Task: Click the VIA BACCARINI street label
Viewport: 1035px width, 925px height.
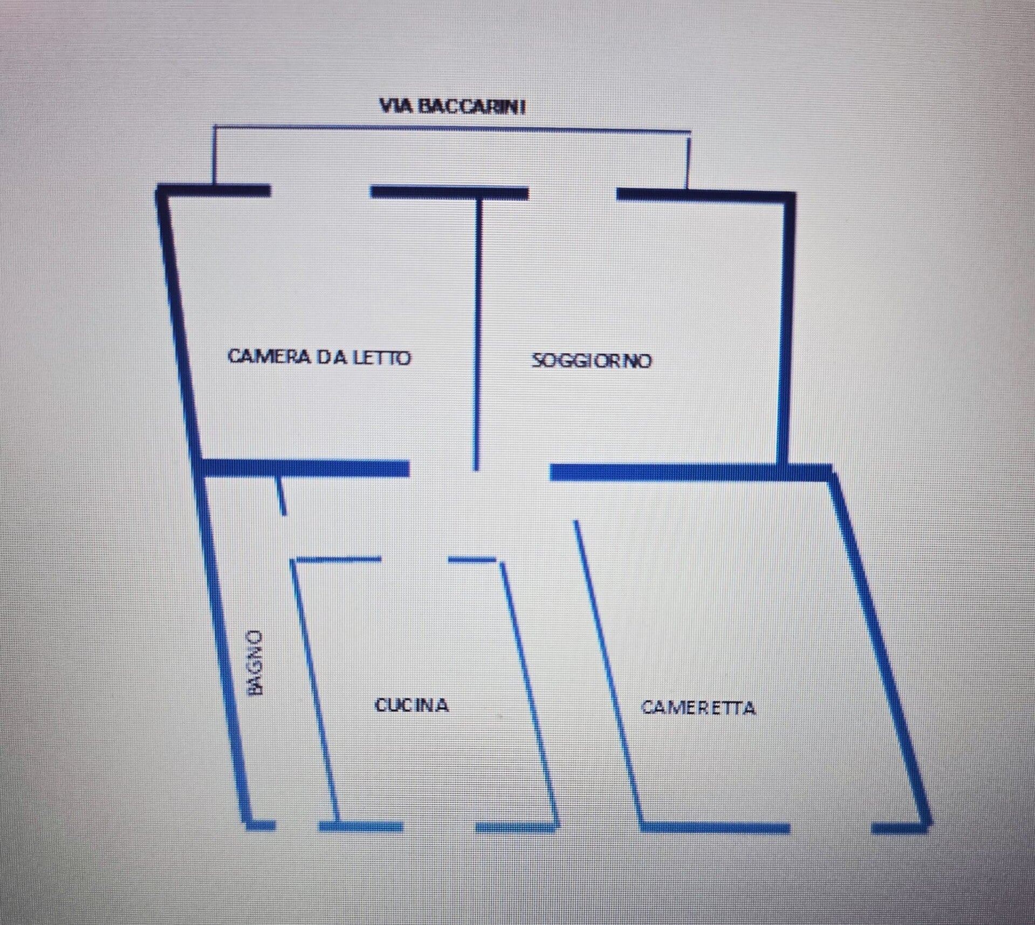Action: click(x=452, y=106)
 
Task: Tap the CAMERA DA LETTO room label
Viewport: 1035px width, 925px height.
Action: click(x=319, y=357)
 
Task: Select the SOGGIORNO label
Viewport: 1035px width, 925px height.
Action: click(x=592, y=360)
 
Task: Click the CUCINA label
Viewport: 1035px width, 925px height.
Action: click(x=412, y=705)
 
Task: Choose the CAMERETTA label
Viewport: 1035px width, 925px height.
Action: click(x=698, y=707)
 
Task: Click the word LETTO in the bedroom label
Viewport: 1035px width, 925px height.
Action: click(x=382, y=357)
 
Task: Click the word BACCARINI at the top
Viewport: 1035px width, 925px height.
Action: click(x=472, y=106)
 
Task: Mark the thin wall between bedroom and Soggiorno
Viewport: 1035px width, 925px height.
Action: click(x=477, y=334)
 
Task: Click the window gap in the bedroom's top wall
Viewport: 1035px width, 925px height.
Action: click(x=320, y=191)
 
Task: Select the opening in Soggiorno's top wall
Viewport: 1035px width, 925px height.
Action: click(x=572, y=193)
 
